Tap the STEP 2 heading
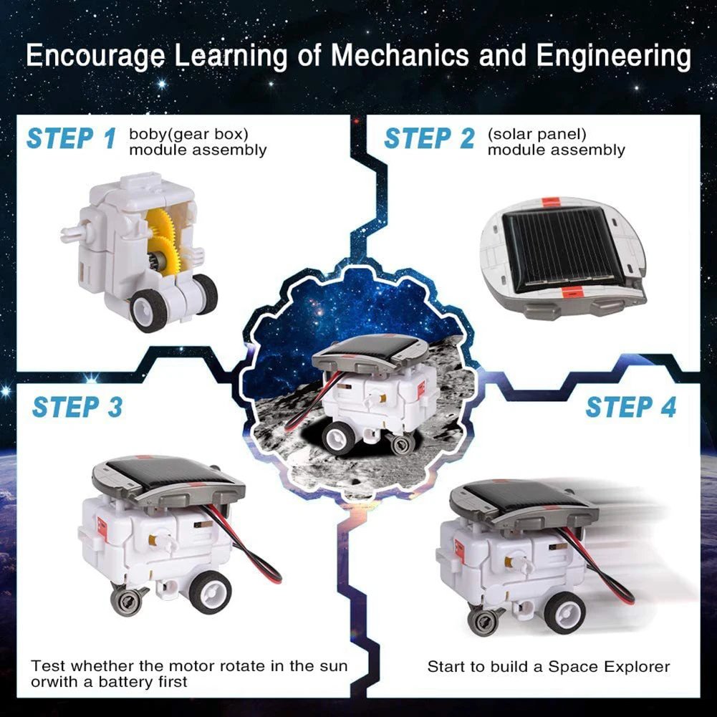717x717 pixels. coord(428,138)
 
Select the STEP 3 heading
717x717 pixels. coord(77,407)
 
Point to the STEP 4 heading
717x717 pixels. coord(630,407)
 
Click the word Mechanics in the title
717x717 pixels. coord(407,57)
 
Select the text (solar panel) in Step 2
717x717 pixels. coord(536,134)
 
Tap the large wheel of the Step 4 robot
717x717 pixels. coord(564,612)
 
